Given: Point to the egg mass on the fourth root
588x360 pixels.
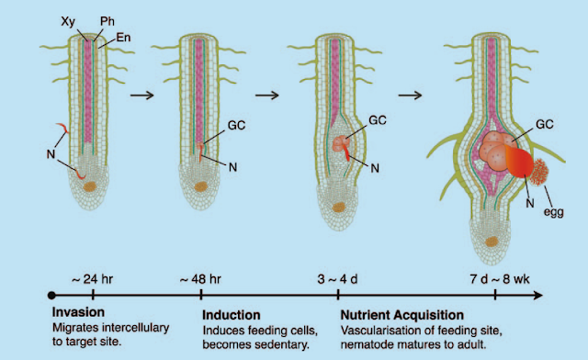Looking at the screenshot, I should pyautogui.click(x=534, y=172).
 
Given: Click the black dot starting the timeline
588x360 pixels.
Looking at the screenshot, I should pyautogui.click(x=52, y=296).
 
